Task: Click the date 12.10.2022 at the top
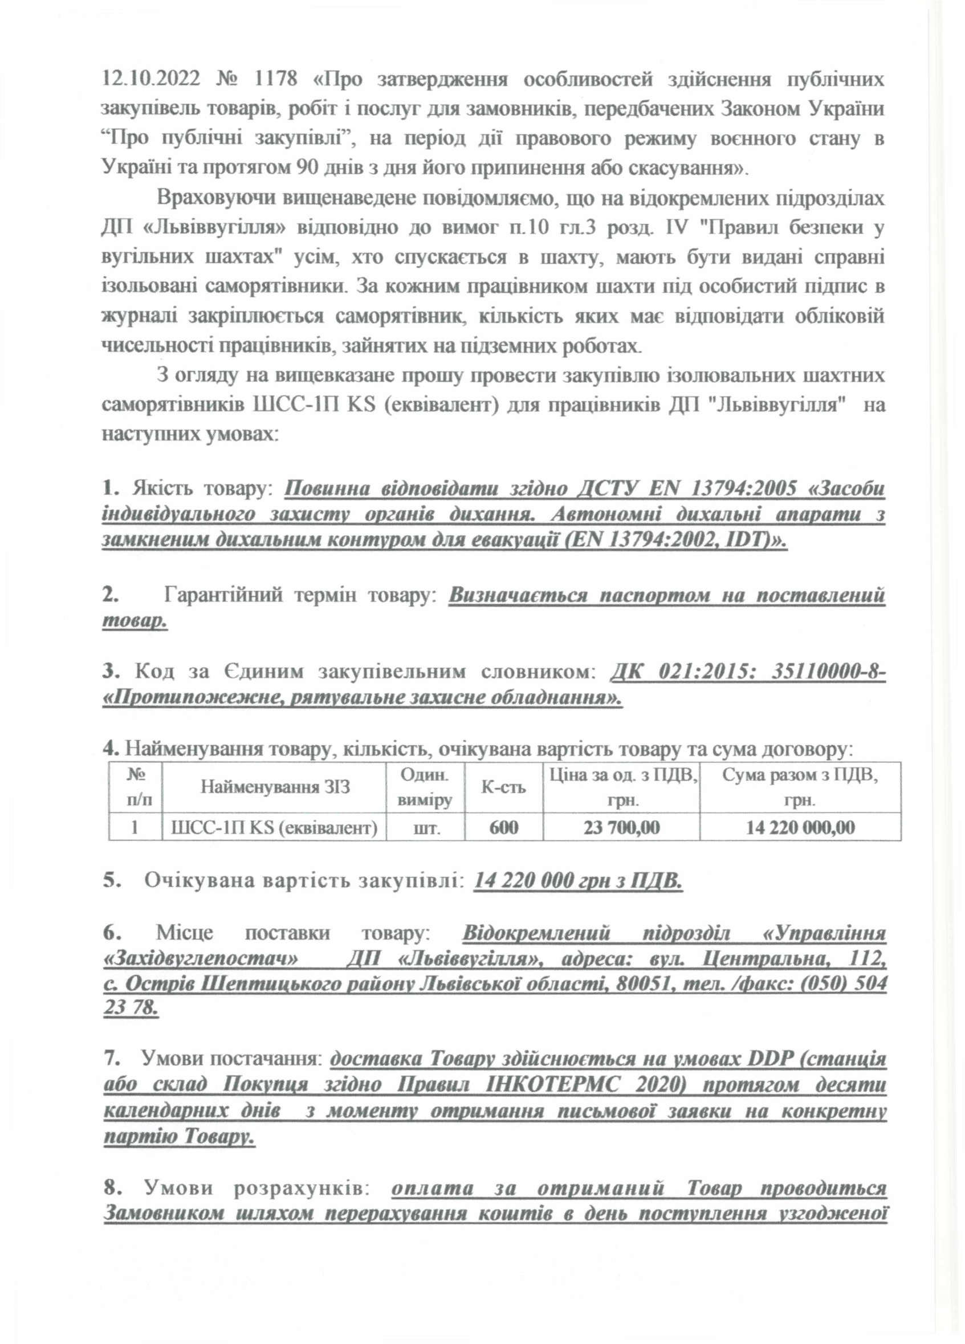point(150,80)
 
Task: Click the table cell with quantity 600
point(503,827)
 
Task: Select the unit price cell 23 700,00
point(621,827)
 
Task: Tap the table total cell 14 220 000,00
point(800,827)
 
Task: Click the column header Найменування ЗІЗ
point(274,787)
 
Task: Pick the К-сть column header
point(503,787)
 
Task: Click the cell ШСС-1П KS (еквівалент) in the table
point(274,827)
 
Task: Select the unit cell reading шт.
point(426,827)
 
